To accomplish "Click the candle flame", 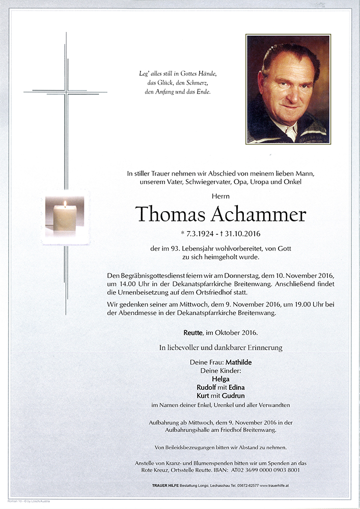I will pyautogui.click(x=65, y=204).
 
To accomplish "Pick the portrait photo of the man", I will pyautogui.click(x=288, y=89).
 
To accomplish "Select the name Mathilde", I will pyautogui.click(x=235, y=362).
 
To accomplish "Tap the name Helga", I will pyautogui.click(x=220, y=379).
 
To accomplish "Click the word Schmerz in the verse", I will pyautogui.click(x=194, y=82).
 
